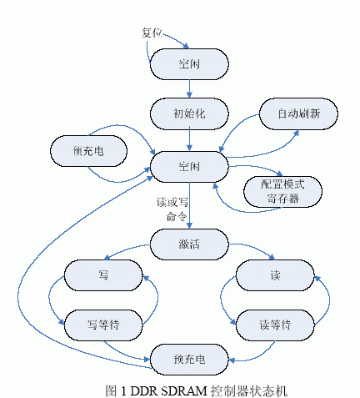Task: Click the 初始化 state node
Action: (x=189, y=113)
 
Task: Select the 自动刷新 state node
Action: (x=298, y=113)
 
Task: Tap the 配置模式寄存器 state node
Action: (x=282, y=192)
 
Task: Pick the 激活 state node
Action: (x=189, y=244)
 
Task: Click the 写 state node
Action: (x=103, y=275)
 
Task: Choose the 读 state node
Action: (x=275, y=275)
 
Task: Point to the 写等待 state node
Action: (x=103, y=325)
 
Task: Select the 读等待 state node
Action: (x=275, y=325)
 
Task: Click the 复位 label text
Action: (x=152, y=33)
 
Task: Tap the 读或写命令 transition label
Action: (x=172, y=209)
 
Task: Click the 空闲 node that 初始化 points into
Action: (x=189, y=167)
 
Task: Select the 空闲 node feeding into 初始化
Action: (x=189, y=64)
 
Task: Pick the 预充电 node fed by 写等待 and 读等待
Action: (x=189, y=360)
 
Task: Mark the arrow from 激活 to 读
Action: (x=254, y=249)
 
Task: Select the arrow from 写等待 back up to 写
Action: (x=157, y=299)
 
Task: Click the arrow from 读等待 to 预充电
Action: (x=257, y=356)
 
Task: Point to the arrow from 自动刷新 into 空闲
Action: (x=233, y=127)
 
